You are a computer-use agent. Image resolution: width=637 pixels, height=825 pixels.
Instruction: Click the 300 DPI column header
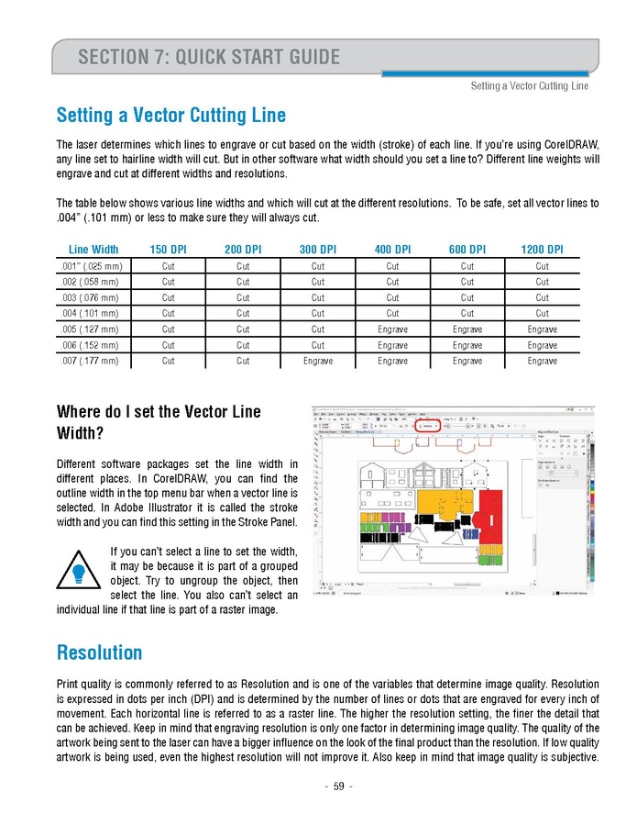coord(318,250)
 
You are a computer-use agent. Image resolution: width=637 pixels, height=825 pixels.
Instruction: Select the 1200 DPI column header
coord(543,250)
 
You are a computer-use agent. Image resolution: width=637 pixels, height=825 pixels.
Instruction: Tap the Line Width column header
coord(93,250)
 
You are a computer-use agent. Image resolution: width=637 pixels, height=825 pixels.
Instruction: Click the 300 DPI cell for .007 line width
coord(318,361)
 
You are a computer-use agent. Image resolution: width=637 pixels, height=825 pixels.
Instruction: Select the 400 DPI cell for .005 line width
coord(392,329)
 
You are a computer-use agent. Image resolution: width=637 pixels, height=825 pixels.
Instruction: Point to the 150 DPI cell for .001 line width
coord(169,267)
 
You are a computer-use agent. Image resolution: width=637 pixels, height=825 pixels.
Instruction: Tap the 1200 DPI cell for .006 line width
coord(543,345)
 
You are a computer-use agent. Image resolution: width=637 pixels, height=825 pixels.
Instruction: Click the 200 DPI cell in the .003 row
coord(243,298)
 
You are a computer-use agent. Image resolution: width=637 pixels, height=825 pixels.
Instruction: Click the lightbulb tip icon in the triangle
coord(80,574)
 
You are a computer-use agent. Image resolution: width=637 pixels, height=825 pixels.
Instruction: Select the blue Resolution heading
coord(99,652)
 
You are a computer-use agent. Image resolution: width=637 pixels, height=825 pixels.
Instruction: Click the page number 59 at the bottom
coord(338,786)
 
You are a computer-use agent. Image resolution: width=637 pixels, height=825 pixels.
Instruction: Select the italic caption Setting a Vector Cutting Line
coord(529,86)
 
